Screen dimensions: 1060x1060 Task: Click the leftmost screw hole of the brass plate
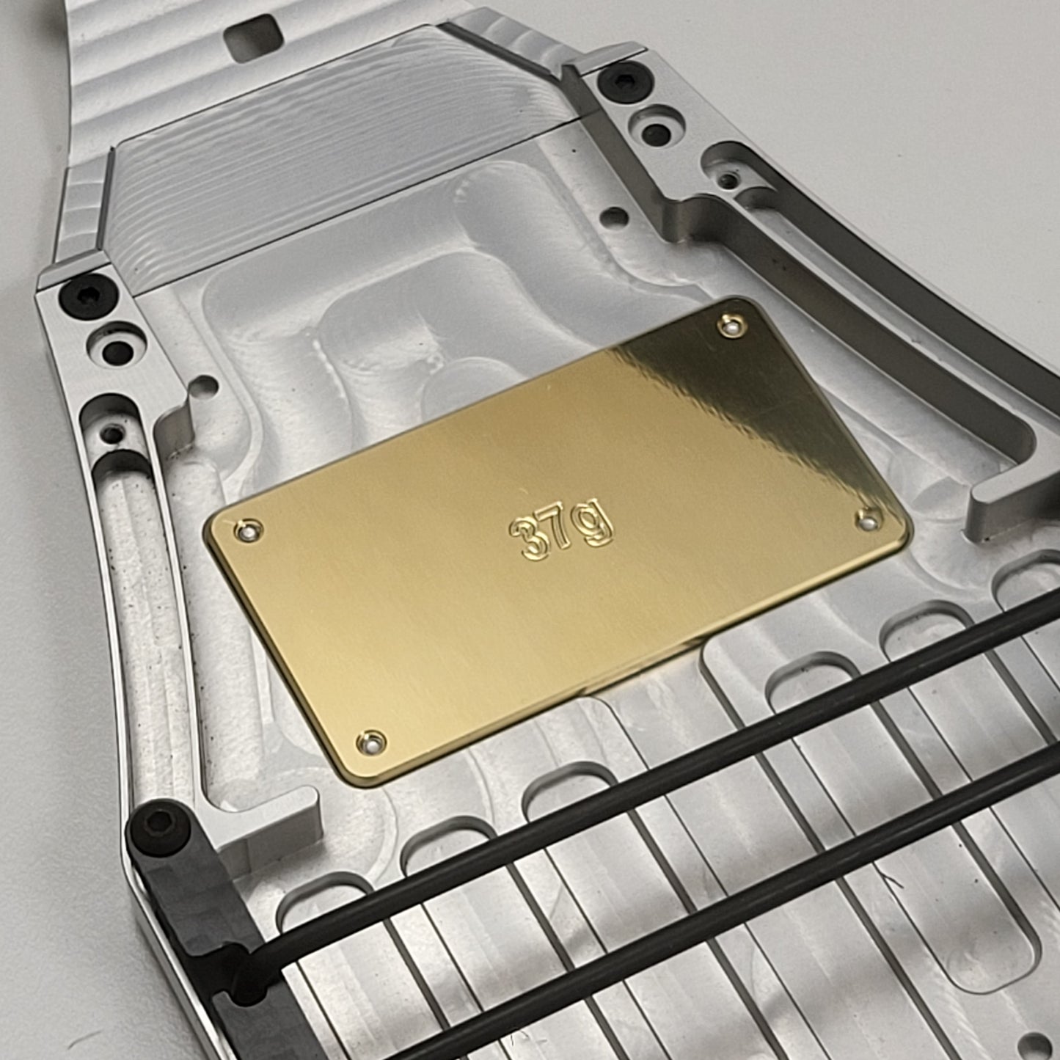pyautogui.click(x=249, y=530)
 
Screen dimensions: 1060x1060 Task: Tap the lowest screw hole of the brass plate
pyautogui.click(x=371, y=742)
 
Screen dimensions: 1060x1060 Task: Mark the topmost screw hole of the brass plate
pyautogui.click(x=732, y=326)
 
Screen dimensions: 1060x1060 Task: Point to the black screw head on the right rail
pyautogui.click(x=624, y=82)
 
